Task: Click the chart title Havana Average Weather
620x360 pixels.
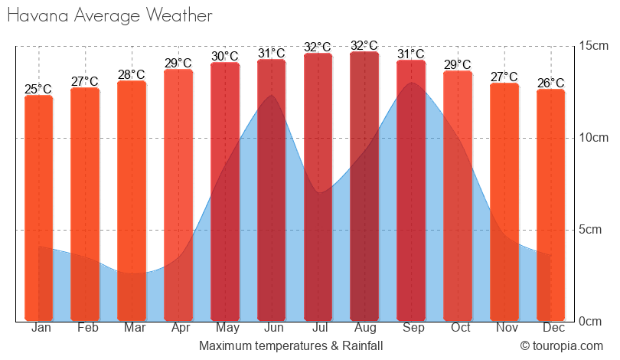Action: [x=110, y=16]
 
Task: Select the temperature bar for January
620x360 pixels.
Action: [x=38, y=207]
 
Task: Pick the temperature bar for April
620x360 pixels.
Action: [x=178, y=195]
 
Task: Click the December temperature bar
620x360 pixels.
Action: [x=550, y=205]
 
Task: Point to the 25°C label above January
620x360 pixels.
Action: [x=38, y=89]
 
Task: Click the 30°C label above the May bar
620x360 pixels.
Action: [x=225, y=56]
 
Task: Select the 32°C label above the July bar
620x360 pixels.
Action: [x=318, y=47]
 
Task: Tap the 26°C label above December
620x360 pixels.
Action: [x=550, y=83]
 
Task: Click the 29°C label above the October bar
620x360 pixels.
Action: [x=458, y=65]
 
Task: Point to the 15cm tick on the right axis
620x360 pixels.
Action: [x=593, y=46]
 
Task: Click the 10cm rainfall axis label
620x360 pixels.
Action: [x=593, y=138]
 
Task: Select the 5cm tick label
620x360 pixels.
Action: [x=593, y=230]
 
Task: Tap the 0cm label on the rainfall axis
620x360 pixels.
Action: [x=593, y=322]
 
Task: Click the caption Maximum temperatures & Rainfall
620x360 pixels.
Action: [x=291, y=346]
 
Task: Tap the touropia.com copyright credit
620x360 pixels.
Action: [x=561, y=346]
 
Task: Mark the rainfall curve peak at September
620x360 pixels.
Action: [x=412, y=83]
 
